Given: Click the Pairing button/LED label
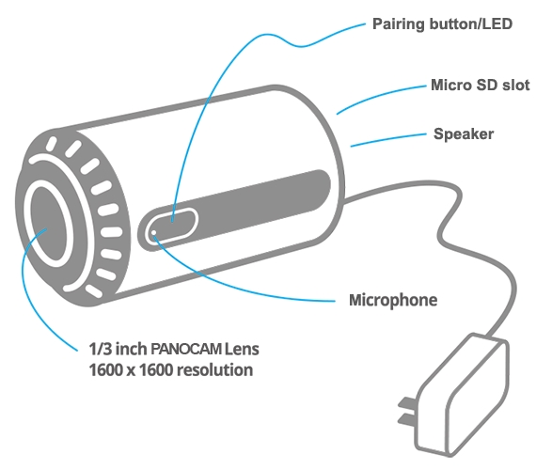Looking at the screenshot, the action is [442, 24].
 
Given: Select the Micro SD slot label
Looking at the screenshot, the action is [481, 86].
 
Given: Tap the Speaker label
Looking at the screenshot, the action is [464, 134].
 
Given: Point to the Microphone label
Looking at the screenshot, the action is [393, 300].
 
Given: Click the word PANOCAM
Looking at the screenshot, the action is [186, 349].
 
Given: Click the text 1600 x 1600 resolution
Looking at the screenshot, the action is [171, 370].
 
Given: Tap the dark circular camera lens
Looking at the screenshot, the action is [49, 224].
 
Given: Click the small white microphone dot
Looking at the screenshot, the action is [153, 232].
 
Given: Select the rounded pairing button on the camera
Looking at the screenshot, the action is [172, 226].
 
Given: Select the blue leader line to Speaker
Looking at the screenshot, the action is [388, 138].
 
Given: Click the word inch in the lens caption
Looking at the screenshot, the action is [131, 349].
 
